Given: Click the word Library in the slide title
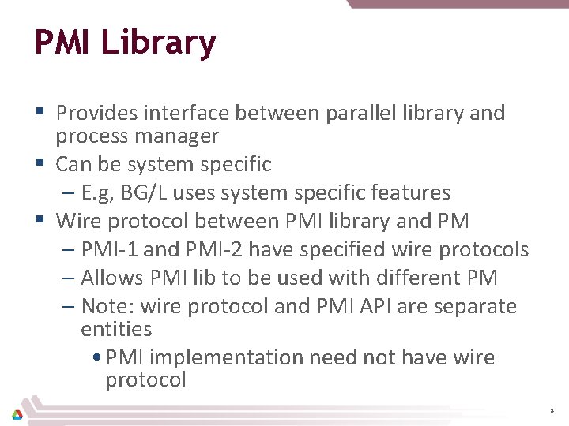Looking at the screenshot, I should coord(158,43).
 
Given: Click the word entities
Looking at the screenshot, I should coord(116,329).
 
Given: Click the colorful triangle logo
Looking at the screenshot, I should coord(17,413).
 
